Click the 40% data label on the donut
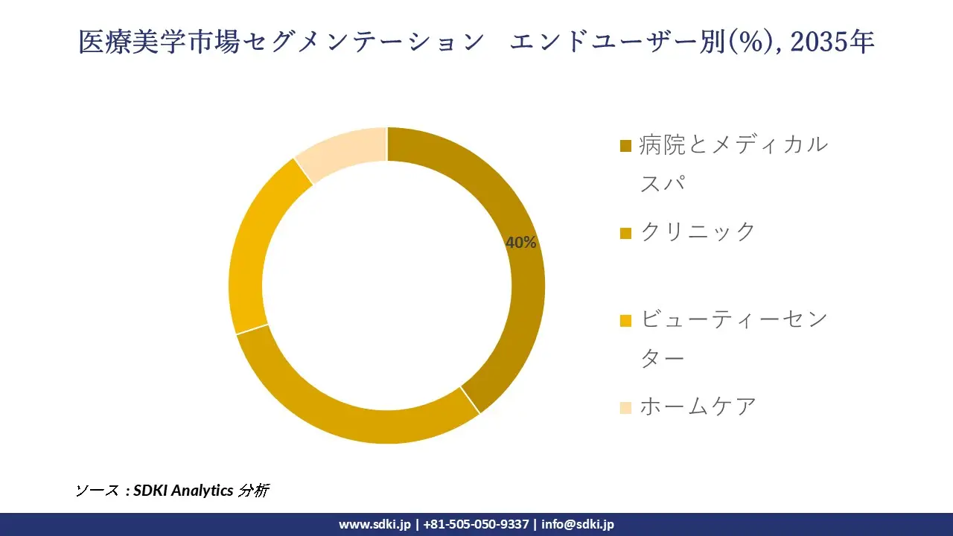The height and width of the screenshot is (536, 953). click(x=521, y=243)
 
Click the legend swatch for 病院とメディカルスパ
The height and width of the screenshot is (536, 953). click(x=625, y=145)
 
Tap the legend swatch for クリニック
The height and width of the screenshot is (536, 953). click(x=625, y=233)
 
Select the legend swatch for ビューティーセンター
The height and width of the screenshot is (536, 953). click(x=625, y=320)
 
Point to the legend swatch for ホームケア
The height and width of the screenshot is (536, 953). click(x=625, y=407)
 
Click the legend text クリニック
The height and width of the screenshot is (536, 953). click(x=698, y=232)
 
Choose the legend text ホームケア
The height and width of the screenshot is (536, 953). click(x=698, y=406)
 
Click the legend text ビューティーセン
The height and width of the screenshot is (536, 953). click(x=733, y=320)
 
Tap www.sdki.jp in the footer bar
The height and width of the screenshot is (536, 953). click(x=374, y=524)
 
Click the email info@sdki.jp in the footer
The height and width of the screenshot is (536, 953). click(x=578, y=524)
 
